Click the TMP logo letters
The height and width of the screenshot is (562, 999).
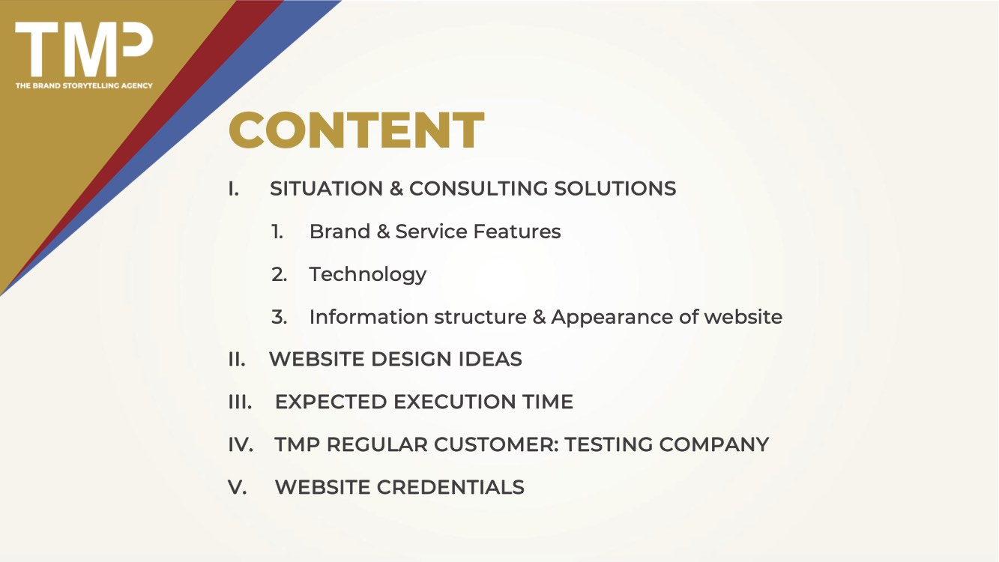84,49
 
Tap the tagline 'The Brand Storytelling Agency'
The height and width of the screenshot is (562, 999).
84,85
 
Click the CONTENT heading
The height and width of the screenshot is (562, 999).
356,130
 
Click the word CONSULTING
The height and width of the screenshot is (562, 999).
478,188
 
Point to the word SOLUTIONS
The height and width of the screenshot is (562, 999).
615,188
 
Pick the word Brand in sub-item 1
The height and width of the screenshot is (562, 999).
339,231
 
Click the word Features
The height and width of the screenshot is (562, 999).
517,231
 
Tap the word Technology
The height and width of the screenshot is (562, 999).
368,275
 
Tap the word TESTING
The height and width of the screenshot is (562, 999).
609,444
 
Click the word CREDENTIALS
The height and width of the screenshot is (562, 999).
450,487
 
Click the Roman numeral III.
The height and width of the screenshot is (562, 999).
241,402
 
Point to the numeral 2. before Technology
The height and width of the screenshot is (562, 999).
280,274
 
